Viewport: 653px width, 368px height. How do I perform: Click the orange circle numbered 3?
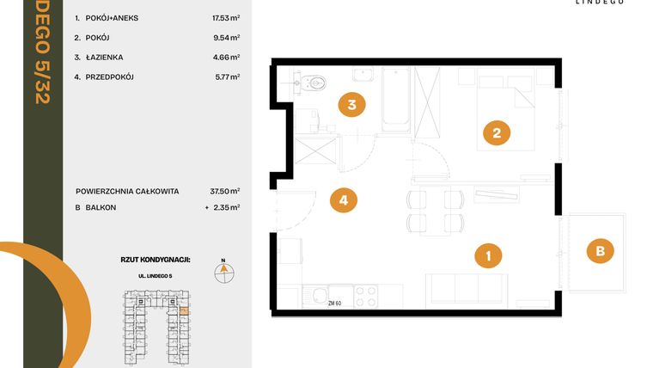click(x=351, y=105)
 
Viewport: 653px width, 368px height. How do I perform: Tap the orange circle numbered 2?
click(x=496, y=133)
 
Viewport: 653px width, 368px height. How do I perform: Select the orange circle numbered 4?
click(x=343, y=200)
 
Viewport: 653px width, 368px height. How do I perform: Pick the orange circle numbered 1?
click(x=488, y=255)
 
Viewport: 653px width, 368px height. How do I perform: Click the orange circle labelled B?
click(x=600, y=251)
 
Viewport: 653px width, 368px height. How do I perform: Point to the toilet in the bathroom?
click(x=315, y=84)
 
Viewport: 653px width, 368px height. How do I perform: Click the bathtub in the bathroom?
click(x=395, y=98)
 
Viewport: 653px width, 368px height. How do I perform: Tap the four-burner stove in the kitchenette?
click(x=366, y=295)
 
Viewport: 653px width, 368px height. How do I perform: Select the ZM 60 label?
click(x=335, y=303)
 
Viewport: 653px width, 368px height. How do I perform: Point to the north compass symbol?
click(x=223, y=270)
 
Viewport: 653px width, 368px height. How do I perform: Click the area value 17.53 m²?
click(x=225, y=17)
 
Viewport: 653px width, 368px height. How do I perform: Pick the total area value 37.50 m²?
click(x=225, y=191)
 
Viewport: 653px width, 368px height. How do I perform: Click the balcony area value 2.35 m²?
click(x=225, y=207)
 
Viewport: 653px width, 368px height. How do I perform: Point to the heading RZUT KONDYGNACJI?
click(x=156, y=258)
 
